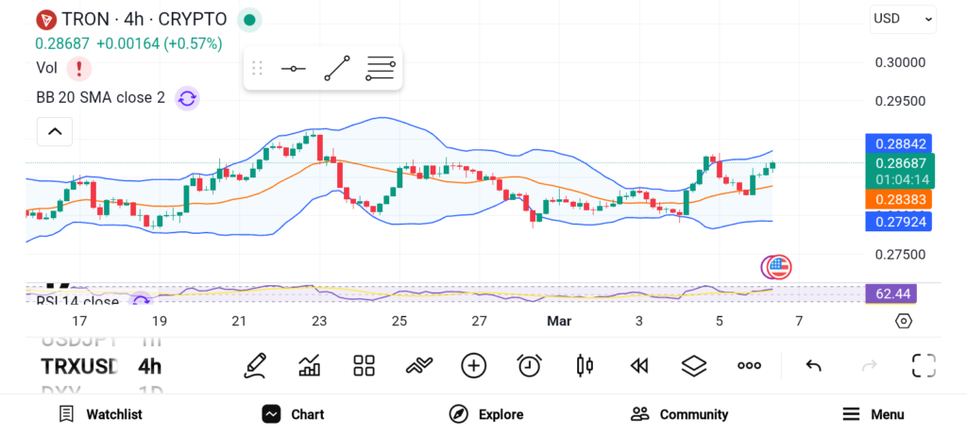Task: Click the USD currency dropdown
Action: coord(903,18)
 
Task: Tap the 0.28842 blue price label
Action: coord(898,144)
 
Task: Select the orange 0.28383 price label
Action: coord(898,199)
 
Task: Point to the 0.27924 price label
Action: coord(898,221)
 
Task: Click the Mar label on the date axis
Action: coord(560,321)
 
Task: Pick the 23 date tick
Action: coord(319,321)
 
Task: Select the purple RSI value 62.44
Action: coord(891,294)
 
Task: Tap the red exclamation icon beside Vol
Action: coord(79,68)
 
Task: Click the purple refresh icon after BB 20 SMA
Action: coord(187,97)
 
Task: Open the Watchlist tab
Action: coord(101,414)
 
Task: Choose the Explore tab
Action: coord(486,414)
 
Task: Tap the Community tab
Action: coord(680,414)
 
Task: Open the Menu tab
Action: coord(874,414)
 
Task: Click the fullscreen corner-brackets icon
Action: coord(924,365)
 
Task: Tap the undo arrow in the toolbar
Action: coord(813,365)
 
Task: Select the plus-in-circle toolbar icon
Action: coord(473,365)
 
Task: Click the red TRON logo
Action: coord(45,19)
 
